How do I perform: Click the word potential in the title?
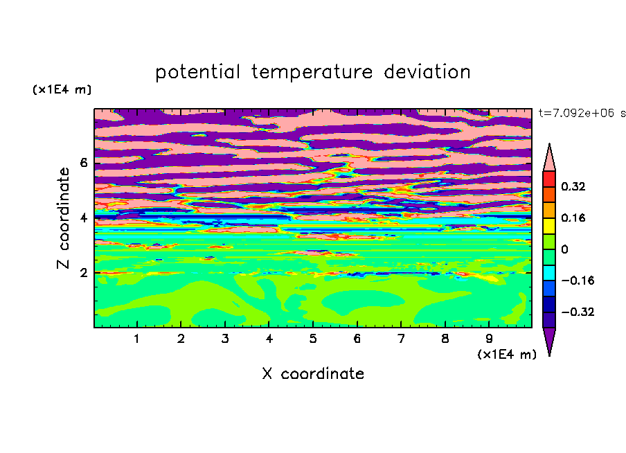tap(197, 73)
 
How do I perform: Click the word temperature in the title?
tap(312, 73)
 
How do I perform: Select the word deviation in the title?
tap(427, 72)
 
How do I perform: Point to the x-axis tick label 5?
tap(313, 339)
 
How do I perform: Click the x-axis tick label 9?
tap(489, 339)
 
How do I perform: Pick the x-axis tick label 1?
tap(137, 339)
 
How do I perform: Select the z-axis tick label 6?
tap(83, 163)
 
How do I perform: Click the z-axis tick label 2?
tap(83, 273)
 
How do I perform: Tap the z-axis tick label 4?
tap(83, 218)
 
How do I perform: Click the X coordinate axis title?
tap(313, 374)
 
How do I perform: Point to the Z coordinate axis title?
tap(63, 218)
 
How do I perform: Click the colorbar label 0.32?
tap(573, 186)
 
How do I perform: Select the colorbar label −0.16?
tap(578, 281)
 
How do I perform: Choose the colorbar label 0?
tap(564, 249)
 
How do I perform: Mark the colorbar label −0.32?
tap(578, 312)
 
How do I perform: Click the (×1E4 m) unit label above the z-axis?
tap(62, 89)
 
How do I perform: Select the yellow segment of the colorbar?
tap(549, 226)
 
